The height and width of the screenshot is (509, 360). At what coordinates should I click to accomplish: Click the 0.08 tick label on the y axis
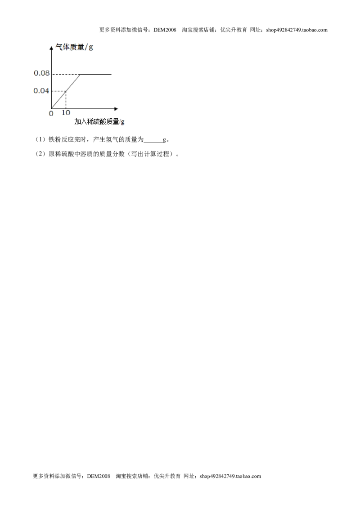coord(41,73)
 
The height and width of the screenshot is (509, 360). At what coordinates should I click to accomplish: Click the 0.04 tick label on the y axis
coord(41,90)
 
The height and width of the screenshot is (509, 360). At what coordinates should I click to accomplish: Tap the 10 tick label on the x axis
coord(66,113)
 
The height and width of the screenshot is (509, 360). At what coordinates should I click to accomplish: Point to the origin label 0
coord(51,114)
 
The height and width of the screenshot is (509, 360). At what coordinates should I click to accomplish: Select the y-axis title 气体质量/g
coord(74,47)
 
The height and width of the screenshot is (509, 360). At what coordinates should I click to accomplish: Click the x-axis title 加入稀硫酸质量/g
coord(99,122)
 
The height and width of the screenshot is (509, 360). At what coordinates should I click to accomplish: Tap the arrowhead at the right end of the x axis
coord(116,109)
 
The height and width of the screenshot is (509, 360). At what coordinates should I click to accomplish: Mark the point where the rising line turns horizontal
coord(80,74)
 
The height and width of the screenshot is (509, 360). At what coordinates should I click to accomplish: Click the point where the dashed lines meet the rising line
coord(66,91)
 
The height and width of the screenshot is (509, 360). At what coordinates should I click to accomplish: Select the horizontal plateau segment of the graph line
coord(95,74)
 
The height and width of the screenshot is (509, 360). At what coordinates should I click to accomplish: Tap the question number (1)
coord(40,140)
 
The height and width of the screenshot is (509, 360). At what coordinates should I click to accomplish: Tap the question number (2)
coord(40,154)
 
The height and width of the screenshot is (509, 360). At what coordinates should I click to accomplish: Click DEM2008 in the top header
coord(165,30)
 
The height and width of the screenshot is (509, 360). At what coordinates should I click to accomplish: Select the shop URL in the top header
coord(297,30)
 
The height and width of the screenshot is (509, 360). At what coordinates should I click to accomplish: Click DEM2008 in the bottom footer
coord(99,476)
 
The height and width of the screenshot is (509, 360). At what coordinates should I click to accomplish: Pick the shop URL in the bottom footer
coord(230,476)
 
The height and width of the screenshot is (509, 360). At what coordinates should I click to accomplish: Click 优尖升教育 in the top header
coord(234,30)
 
